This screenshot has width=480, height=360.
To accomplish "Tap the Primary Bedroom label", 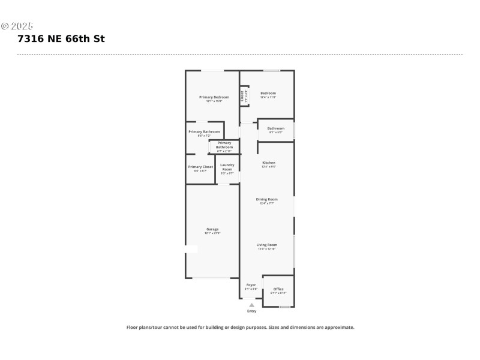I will coord(214,97).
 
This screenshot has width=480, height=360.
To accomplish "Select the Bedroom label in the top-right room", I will coord(268,93).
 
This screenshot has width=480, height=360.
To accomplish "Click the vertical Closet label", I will coord(242,96).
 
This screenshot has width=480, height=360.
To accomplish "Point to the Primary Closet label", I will coord(200,167).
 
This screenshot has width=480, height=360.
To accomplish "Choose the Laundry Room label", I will coord(227,167).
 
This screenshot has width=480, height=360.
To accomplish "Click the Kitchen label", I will coord(268,163).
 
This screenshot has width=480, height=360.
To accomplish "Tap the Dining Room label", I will coord(267,199).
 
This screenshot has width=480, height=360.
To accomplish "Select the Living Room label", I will coord(267,245).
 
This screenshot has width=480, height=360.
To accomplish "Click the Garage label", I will coord(212,229).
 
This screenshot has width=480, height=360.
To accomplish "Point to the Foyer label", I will coord(251,284).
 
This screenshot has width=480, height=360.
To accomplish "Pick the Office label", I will coord(278,289).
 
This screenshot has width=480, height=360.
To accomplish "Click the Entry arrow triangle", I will coord(251,305).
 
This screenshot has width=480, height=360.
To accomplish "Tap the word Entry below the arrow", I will coord(251,311).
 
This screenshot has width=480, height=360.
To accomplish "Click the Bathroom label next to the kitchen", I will coord(276,128).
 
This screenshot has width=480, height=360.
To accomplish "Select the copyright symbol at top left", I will coord(4,26).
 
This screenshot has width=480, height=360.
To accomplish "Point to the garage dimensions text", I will coord(212,233).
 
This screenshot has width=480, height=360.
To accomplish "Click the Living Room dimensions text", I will coord(267,248).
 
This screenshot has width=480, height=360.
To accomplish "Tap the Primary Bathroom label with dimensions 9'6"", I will coord(204,131).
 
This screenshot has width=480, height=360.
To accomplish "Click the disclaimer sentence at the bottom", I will coord(240,328).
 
